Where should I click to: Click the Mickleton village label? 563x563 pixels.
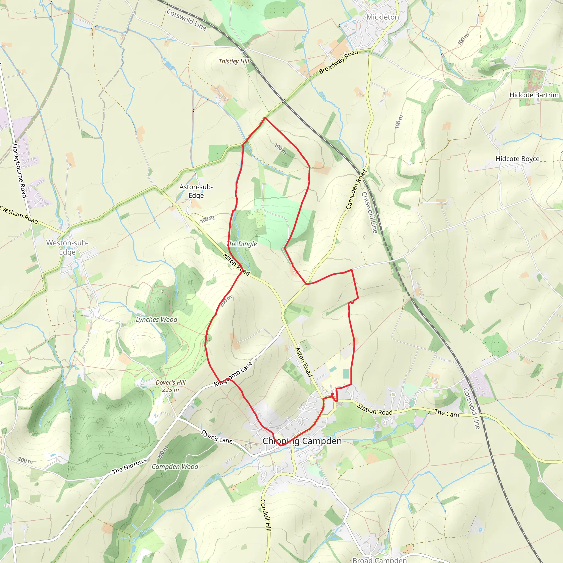[382, 17]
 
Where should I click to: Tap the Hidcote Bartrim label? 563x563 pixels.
[534, 95]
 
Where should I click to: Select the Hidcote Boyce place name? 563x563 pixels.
[518, 159]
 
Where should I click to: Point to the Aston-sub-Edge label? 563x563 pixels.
[196, 191]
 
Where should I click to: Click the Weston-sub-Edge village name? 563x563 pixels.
[67, 247]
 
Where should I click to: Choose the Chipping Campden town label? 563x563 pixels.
[302, 441]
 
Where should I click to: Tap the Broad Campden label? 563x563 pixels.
[379, 560]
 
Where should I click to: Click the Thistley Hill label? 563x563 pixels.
[234, 61]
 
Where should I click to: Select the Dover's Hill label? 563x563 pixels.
[170, 382]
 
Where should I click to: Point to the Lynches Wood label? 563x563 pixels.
[156, 320]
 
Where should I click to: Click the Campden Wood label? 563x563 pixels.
[175, 467]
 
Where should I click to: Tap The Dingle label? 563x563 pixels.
[242, 244]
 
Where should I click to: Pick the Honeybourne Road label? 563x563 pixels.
[20, 170]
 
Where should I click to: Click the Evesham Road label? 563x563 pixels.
[19, 215]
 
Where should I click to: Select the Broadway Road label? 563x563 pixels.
[338, 62]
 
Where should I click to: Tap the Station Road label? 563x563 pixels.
[375, 409]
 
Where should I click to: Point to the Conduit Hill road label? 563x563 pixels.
[266, 515]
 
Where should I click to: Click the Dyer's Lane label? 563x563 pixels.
[217, 437]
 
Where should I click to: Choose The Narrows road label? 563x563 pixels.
[129, 466]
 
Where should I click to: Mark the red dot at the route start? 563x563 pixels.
[332, 394]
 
